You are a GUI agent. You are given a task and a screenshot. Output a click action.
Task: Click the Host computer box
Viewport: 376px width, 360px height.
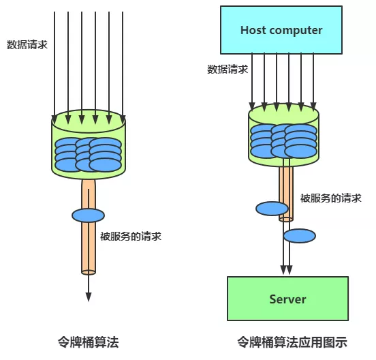click(281, 31)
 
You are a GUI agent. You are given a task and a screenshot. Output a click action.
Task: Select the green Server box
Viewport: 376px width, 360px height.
click(287, 299)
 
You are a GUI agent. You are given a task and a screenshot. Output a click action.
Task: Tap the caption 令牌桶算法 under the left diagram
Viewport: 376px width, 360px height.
click(88, 341)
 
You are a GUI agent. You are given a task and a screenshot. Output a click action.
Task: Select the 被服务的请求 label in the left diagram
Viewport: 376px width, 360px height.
click(131, 237)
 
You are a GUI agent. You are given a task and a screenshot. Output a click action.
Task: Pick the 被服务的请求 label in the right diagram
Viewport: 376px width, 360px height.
click(331, 198)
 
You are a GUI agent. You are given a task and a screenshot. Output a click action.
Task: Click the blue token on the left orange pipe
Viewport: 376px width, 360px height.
click(89, 215)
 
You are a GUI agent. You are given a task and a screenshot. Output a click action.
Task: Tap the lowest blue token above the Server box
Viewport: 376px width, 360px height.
click(299, 236)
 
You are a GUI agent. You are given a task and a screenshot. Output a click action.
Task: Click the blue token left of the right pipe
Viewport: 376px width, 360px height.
click(272, 209)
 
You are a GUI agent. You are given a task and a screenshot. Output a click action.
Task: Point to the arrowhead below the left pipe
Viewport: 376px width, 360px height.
click(89, 295)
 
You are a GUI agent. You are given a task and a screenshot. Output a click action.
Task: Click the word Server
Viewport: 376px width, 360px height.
click(287, 299)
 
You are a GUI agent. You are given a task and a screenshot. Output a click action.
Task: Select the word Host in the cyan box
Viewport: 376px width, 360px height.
click(253, 31)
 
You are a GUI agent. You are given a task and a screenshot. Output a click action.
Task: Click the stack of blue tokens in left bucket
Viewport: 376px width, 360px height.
click(89, 154)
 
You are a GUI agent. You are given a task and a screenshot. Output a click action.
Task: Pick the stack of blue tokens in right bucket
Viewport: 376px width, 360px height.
click(283, 140)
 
